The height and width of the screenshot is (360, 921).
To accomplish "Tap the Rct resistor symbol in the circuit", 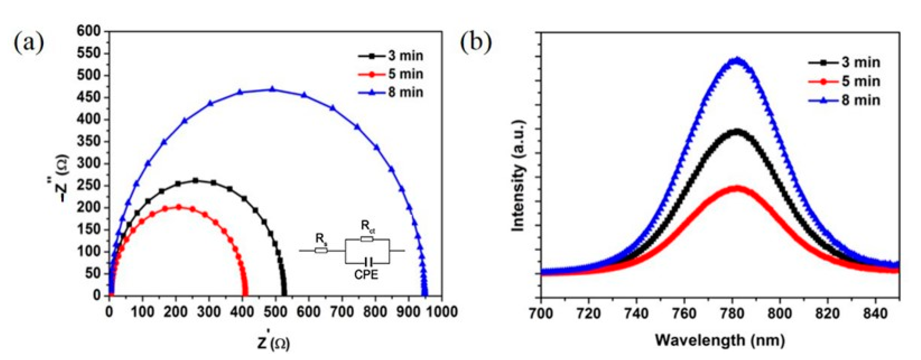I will (x=367, y=239).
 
